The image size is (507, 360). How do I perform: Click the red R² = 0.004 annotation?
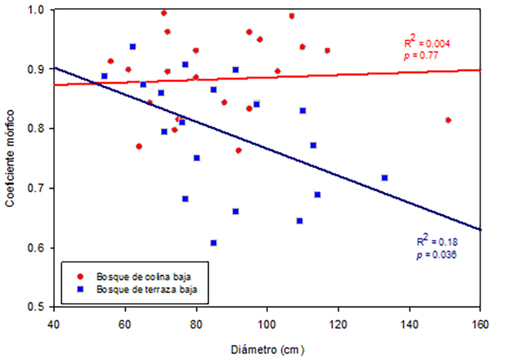[427, 43]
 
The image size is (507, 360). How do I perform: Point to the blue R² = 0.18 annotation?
[437, 242]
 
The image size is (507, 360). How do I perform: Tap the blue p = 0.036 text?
[437, 254]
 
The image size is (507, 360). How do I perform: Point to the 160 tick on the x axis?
[480, 324]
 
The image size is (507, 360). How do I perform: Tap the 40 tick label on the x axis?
[54, 324]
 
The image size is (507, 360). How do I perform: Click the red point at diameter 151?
[448, 120]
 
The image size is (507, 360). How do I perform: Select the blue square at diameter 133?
[384, 178]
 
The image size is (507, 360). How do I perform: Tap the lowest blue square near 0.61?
[214, 243]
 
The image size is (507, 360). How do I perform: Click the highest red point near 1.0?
[164, 12]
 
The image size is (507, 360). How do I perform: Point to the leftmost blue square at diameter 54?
[104, 76]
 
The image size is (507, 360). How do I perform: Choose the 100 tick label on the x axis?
[267, 324]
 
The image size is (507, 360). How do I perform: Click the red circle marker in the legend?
[82, 277]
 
